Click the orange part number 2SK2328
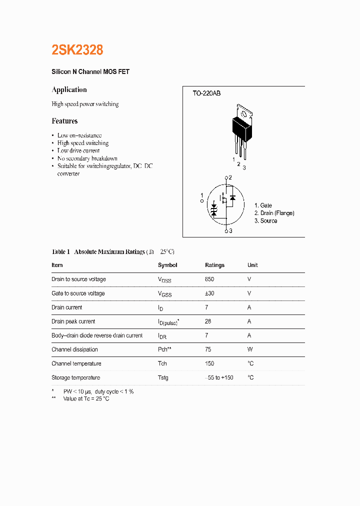click(77, 50)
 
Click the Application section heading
click(69, 90)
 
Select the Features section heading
click(64, 121)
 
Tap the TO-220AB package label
click(206, 93)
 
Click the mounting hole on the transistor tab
click(244, 113)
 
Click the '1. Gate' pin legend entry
click(263, 205)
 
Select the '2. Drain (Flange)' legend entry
click(274, 213)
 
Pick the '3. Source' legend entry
click(265, 221)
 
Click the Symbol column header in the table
click(167, 265)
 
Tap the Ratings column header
click(214, 265)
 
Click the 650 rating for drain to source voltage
click(209, 279)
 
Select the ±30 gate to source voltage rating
click(209, 293)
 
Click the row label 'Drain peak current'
click(73, 321)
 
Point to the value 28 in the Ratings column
click(208, 321)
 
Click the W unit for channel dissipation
click(250, 349)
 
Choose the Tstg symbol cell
click(163, 377)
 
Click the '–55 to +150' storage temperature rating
click(219, 377)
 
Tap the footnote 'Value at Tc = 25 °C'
click(86, 398)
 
